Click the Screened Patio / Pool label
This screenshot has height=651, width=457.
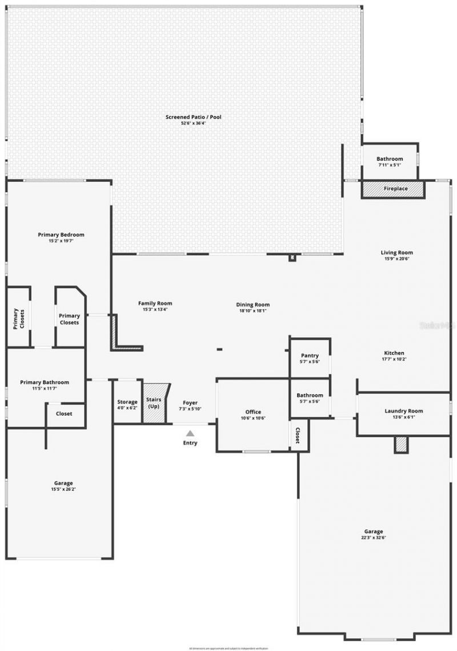pyautogui.click(x=193, y=117)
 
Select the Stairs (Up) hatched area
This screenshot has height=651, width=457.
pyautogui.click(x=154, y=403)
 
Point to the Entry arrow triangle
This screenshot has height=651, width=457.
pyautogui.click(x=190, y=433)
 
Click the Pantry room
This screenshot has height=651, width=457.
pyautogui.click(x=310, y=358)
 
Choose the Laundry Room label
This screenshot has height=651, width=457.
pyautogui.click(x=403, y=411)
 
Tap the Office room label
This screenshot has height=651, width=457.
pyautogui.click(x=253, y=412)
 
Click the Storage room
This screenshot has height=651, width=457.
pyautogui.click(x=127, y=405)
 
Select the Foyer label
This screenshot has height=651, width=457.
pyautogui.click(x=190, y=403)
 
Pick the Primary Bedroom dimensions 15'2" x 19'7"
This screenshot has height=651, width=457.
pyautogui.click(x=61, y=241)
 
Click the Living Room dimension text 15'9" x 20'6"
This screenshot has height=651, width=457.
pyautogui.click(x=396, y=259)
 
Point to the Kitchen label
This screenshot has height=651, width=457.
pyautogui.click(x=394, y=353)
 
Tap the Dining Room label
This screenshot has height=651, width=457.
pyautogui.click(x=253, y=305)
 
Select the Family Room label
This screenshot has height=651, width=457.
pyautogui.click(x=155, y=303)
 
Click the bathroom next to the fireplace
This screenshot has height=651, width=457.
pyautogui.click(x=390, y=162)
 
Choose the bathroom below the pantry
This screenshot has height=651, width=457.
pyautogui.click(x=310, y=398)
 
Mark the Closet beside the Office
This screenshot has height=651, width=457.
pyautogui.click(x=298, y=436)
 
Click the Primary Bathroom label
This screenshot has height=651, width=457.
pyautogui.click(x=45, y=382)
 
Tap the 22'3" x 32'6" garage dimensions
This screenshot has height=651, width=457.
pyautogui.click(x=374, y=538)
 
